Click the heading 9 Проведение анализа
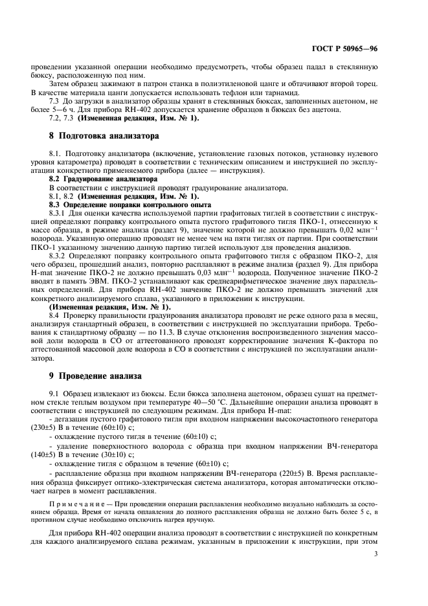point(93,376)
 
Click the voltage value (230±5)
point(62,428)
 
